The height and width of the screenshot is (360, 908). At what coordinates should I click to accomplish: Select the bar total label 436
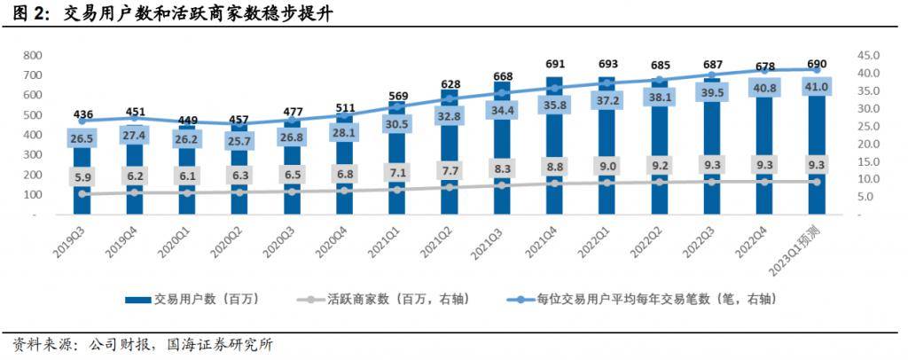tap(83, 114)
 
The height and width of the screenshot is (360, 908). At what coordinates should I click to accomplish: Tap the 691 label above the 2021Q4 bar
tap(554, 64)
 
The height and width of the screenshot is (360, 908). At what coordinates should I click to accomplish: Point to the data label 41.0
tap(816, 87)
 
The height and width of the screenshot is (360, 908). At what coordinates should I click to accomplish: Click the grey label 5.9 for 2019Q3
tap(83, 176)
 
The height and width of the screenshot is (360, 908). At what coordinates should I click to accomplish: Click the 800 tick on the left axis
tap(34, 55)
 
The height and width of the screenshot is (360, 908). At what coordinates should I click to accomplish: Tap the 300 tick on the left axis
tap(34, 154)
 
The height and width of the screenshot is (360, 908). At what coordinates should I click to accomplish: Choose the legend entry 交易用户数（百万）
tap(203, 300)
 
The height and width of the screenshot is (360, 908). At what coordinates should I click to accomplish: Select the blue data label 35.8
tap(554, 106)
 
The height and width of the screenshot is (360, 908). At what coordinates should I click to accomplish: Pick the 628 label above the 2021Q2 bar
tap(450, 83)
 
